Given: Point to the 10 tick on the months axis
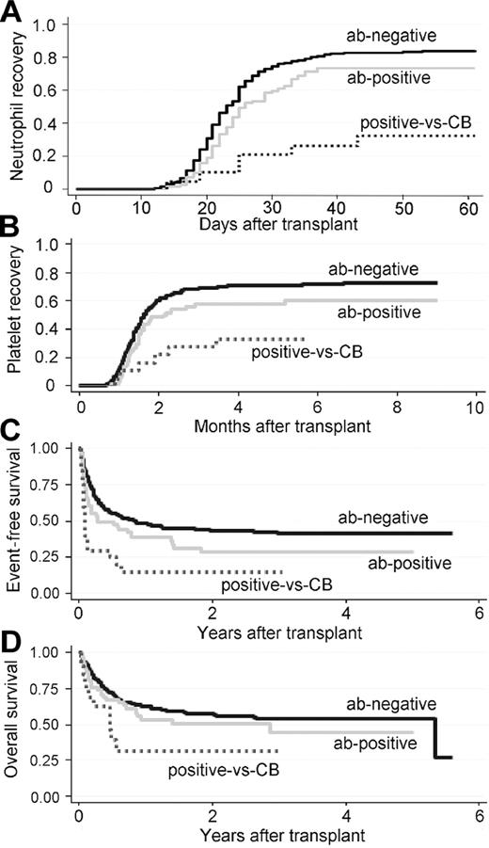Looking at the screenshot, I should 475,409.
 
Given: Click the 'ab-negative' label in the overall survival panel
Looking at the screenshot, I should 393,703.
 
